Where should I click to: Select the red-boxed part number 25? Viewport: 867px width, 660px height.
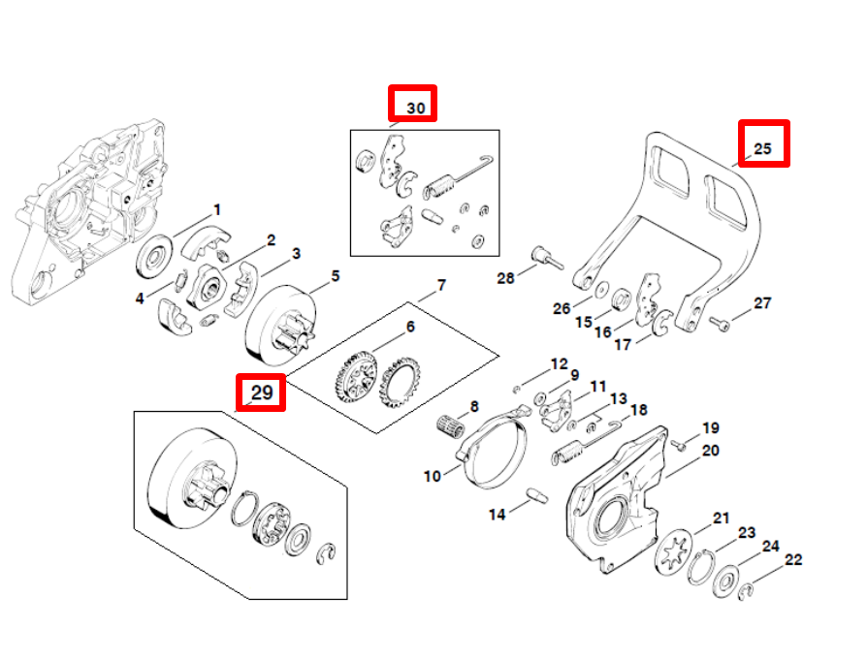(x=763, y=148)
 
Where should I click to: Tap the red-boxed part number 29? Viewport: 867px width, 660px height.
(x=262, y=393)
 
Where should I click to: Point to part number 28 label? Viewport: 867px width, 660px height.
(x=505, y=278)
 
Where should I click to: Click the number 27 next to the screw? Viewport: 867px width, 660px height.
(x=762, y=303)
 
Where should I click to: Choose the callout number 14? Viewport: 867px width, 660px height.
(x=497, y=515)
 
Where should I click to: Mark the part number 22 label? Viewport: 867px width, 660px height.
(x=793, y=559)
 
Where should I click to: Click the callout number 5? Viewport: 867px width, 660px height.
(x=336, y=276)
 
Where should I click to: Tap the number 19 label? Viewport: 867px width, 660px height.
(x=711, y=427)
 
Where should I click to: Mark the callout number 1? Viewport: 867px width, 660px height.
(x=217, y=209)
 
